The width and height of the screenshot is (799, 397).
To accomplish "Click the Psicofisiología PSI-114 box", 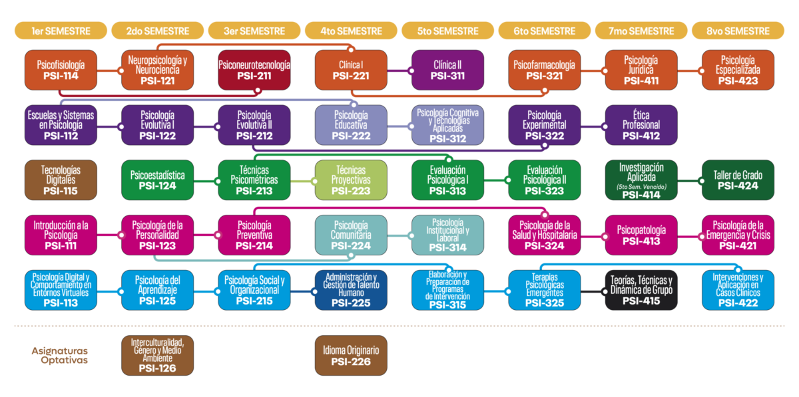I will tap(61, 70).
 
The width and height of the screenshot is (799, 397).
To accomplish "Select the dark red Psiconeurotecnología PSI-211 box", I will tap(254, 70).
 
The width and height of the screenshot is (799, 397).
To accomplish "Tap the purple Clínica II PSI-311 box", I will tap(447, 70).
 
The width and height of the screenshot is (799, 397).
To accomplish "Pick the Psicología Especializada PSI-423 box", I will tap(738, 70).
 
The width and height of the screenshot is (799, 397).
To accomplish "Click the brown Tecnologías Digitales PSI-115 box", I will tap(61, 180).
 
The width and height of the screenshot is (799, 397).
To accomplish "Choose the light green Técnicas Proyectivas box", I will tap(351, 180).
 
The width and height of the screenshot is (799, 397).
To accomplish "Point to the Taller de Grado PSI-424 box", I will tap(738, 180).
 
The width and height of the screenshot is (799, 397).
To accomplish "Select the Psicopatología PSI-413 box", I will tap(641, 235).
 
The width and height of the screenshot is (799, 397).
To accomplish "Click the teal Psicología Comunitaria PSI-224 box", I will tap(351, 235).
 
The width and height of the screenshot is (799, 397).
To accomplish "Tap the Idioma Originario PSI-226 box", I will tap(351, 356).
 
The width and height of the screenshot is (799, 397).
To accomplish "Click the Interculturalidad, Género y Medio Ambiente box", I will tap(157, 356).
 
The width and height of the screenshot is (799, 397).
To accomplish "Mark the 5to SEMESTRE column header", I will tap(447, 31).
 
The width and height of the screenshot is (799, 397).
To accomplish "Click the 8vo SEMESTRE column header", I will tap(738, 31).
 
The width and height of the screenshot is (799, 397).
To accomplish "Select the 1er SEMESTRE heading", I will tap(61, 31).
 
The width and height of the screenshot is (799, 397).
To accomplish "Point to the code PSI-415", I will tap(641, 301).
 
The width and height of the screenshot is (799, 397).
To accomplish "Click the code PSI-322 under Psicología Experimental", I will tap(545, 136).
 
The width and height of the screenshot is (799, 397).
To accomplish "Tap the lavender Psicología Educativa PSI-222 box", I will tap(351, 125).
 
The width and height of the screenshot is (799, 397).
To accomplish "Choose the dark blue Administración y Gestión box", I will tap(351, 290).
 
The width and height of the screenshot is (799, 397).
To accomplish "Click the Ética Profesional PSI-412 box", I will tap(641, 125).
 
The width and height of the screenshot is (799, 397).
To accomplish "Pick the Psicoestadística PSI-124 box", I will tap(157, 180).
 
